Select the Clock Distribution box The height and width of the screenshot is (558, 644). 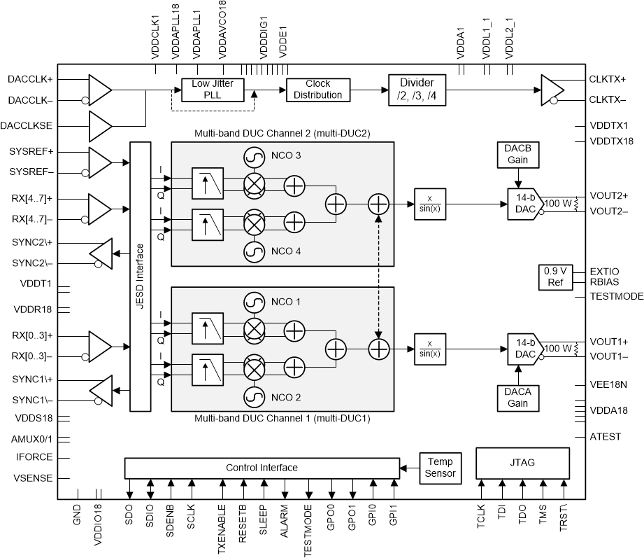point(317,90)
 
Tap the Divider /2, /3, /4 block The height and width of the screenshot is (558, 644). point(416,89)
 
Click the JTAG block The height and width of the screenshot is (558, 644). point(522,461)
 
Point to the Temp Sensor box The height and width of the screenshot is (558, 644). point(441,467)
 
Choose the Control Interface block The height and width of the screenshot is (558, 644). point(262,468)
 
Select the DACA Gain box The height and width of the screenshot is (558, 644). point(518,397)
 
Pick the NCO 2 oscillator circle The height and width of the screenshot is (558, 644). point(254,397)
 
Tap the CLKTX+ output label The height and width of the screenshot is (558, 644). point(608,80)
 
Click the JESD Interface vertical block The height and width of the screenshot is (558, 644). point(141,276)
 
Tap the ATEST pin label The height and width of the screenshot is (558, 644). point(605,437)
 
